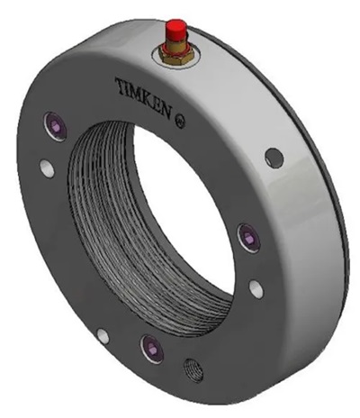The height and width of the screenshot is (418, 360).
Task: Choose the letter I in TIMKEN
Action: tap(128, 86)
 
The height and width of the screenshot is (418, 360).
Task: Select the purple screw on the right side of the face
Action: tap(247, 237)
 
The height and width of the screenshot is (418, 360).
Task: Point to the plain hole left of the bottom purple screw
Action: tap(103, 336)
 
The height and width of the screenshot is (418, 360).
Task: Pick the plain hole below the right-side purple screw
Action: tap(256, 288)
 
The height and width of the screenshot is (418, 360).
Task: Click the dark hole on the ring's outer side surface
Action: tap(273, 158)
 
